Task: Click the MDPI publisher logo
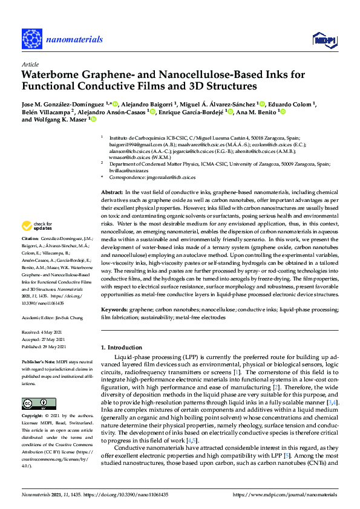click(x=323, y=40)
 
